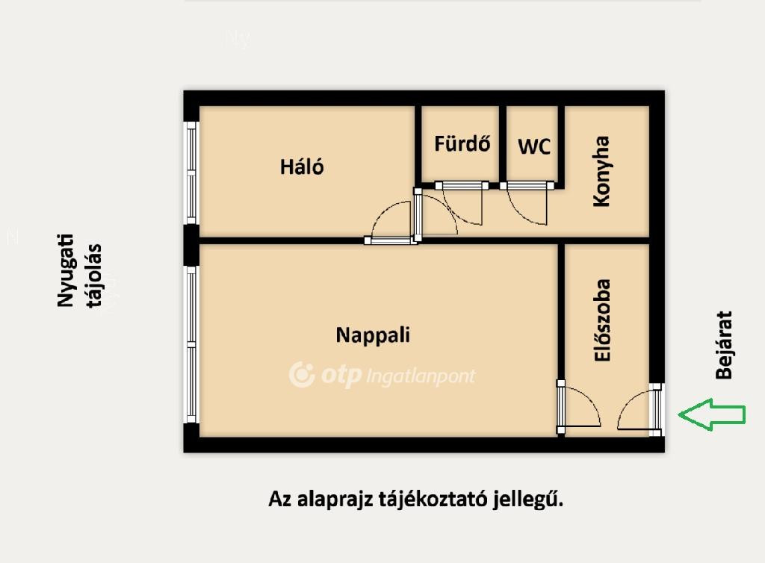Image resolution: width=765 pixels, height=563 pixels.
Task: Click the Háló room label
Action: (302, 167)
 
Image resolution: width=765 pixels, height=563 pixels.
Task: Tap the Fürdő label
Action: (462, 144)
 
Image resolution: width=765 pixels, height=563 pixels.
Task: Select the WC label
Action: (534, 146)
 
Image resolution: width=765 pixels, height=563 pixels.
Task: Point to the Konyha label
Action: (601, 171)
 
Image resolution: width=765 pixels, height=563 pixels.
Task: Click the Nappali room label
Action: (373, 335)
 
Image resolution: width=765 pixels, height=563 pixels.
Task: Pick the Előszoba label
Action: (603, 320)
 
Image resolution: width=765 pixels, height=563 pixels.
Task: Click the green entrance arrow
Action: (712, 414)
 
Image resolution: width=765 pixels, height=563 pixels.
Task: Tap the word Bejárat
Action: (724, 345)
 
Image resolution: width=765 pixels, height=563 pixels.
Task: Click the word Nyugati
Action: (66, 270)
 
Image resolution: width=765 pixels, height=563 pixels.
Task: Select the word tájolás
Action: (94, 276)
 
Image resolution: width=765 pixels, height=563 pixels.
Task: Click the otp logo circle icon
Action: (302, 374)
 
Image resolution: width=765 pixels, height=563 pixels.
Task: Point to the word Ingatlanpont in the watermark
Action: (421, 376)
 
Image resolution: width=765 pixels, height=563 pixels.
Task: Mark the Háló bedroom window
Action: (191, 172)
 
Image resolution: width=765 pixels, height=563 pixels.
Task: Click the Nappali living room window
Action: (191, 345)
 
